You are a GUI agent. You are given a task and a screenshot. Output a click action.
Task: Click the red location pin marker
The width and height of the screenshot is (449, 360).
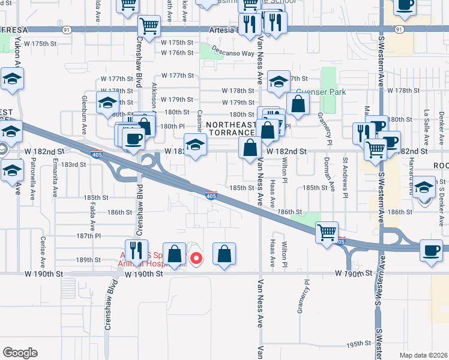(x=196, y=258)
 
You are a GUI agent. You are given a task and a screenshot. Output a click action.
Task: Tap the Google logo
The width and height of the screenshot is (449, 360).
(x=20, y=353)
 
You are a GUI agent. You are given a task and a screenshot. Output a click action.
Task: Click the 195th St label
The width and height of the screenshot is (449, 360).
(x=359, y=344)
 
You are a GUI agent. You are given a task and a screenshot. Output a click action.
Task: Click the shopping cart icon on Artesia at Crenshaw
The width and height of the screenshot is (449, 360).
(x=149, y=26)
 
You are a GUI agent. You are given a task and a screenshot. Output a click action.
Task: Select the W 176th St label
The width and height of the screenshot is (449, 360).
(x=178, y=53)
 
